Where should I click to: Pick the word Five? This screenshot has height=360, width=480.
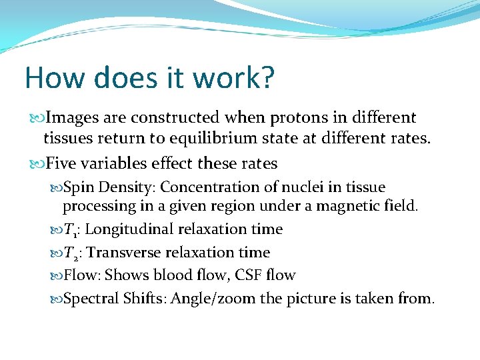tap(61, 163)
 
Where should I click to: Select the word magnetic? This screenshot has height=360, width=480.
tap(347, 206)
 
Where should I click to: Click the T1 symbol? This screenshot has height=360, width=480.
tap(71, 230)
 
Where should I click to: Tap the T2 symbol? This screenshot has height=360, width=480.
tap(71, 253)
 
